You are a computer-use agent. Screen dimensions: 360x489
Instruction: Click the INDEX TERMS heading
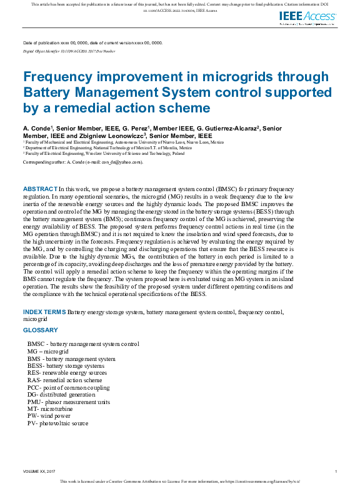click(x=44, y=312)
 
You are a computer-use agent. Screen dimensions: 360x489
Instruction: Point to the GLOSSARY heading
click(x=41, y=330)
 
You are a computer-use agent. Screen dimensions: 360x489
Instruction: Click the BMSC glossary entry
click(x=83, y=344)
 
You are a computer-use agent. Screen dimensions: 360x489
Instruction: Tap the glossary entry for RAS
click(x=64, y=380)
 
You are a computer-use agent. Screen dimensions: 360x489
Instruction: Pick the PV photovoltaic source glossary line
click(x=57, y=423)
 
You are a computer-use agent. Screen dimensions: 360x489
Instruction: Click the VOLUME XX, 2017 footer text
click(x=39, y=471)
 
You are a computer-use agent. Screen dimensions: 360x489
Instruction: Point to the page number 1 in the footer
click(x=336, y=471)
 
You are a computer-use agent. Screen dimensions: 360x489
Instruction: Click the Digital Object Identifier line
click(x=69, y=49)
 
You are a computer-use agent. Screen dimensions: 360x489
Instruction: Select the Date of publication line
click(x=92, y=42)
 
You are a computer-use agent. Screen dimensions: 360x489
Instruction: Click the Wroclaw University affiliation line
click(x=105, y=153)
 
